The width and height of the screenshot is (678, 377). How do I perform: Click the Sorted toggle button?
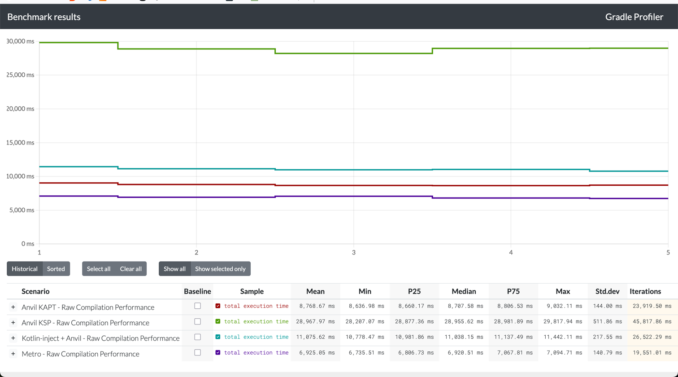[x=56, y=269]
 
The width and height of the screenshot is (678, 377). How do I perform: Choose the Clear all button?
[x=131, y=269]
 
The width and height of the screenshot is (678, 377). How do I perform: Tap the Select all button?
[x=99, y=269]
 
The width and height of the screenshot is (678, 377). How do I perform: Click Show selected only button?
[x=220, y=269]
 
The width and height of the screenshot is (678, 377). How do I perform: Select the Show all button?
[x=174, y=269]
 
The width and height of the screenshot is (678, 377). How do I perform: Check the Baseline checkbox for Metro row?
[x=198, y=352]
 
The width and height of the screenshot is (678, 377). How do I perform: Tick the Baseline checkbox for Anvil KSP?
[x=198, y=321]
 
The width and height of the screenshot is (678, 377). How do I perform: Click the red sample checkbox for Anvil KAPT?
[x=218, y=306]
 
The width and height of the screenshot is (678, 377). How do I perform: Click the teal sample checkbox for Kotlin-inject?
[x=218, y=337]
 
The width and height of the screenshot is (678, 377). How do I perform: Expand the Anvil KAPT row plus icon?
[x=13, y=307]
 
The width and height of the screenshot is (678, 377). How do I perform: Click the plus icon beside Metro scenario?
[x=13, y=354]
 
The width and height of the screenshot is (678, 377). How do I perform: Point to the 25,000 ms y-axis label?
[x=20, y=75]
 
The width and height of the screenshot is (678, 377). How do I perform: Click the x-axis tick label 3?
[x=353, y=252]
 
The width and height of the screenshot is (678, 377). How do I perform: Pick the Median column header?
[x=464, y=291]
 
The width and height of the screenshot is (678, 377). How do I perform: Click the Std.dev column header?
[x=608, y=291]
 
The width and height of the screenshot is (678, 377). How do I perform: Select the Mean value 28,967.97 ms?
[x=315, y=321]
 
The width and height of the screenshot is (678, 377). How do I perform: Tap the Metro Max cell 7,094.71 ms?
[x=565, y=352]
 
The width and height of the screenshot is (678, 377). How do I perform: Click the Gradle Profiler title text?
[x=634, y=17]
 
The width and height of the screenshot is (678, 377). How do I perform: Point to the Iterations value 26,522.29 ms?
[x=652, y=337]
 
